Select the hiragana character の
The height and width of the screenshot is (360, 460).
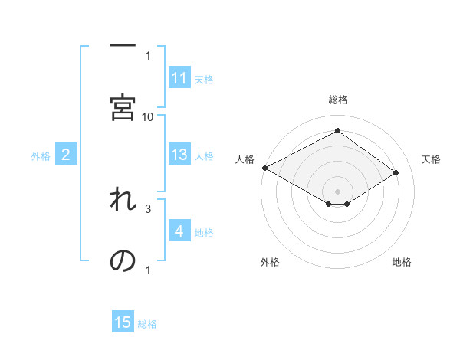coord(123,261)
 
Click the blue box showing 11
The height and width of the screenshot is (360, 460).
coord(179,78)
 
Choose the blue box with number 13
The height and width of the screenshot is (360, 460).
coord(179,155)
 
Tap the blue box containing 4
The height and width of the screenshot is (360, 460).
coord(179,231)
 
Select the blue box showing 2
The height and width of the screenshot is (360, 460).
coord(66,155)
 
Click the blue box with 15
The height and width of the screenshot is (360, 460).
coord(123,322)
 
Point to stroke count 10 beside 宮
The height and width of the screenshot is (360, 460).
coord(148,116)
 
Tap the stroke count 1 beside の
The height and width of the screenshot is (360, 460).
coord(148,270)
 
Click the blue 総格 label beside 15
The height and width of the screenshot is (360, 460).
coord(147,323)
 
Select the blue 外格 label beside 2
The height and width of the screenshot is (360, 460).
coord(41,156)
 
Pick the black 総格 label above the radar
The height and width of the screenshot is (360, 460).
coord(337,100)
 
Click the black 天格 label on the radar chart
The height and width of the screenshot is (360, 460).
coord(432,159)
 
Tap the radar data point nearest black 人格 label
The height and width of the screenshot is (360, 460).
coord(264,167)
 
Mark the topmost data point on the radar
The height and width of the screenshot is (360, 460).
coord(337,131)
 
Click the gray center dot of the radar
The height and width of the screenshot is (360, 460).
coord(337,190)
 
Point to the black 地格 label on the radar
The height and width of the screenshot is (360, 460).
coord(402,262)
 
